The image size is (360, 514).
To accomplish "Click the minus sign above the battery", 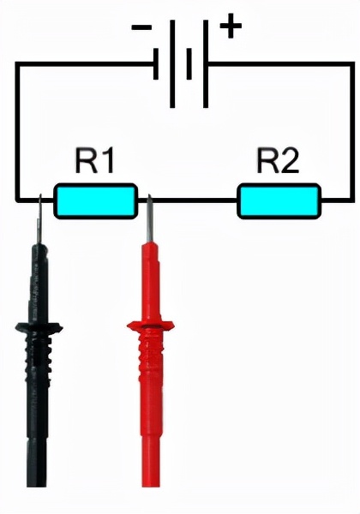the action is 141,27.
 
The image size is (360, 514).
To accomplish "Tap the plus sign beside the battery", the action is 231,26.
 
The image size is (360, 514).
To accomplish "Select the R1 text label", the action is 95,161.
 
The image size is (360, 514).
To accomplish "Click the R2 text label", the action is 278,161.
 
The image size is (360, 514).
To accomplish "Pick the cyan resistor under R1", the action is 95,201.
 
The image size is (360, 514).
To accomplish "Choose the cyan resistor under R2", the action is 279,201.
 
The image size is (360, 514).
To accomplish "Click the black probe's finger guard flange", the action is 39,327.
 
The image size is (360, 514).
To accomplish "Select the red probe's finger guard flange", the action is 151,326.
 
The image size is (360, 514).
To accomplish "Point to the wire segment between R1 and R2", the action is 187,200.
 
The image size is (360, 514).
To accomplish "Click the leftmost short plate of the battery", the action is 156,63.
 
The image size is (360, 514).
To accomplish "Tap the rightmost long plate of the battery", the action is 206,63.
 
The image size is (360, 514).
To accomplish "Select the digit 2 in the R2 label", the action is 289,161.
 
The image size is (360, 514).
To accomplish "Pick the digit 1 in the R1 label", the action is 107,161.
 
